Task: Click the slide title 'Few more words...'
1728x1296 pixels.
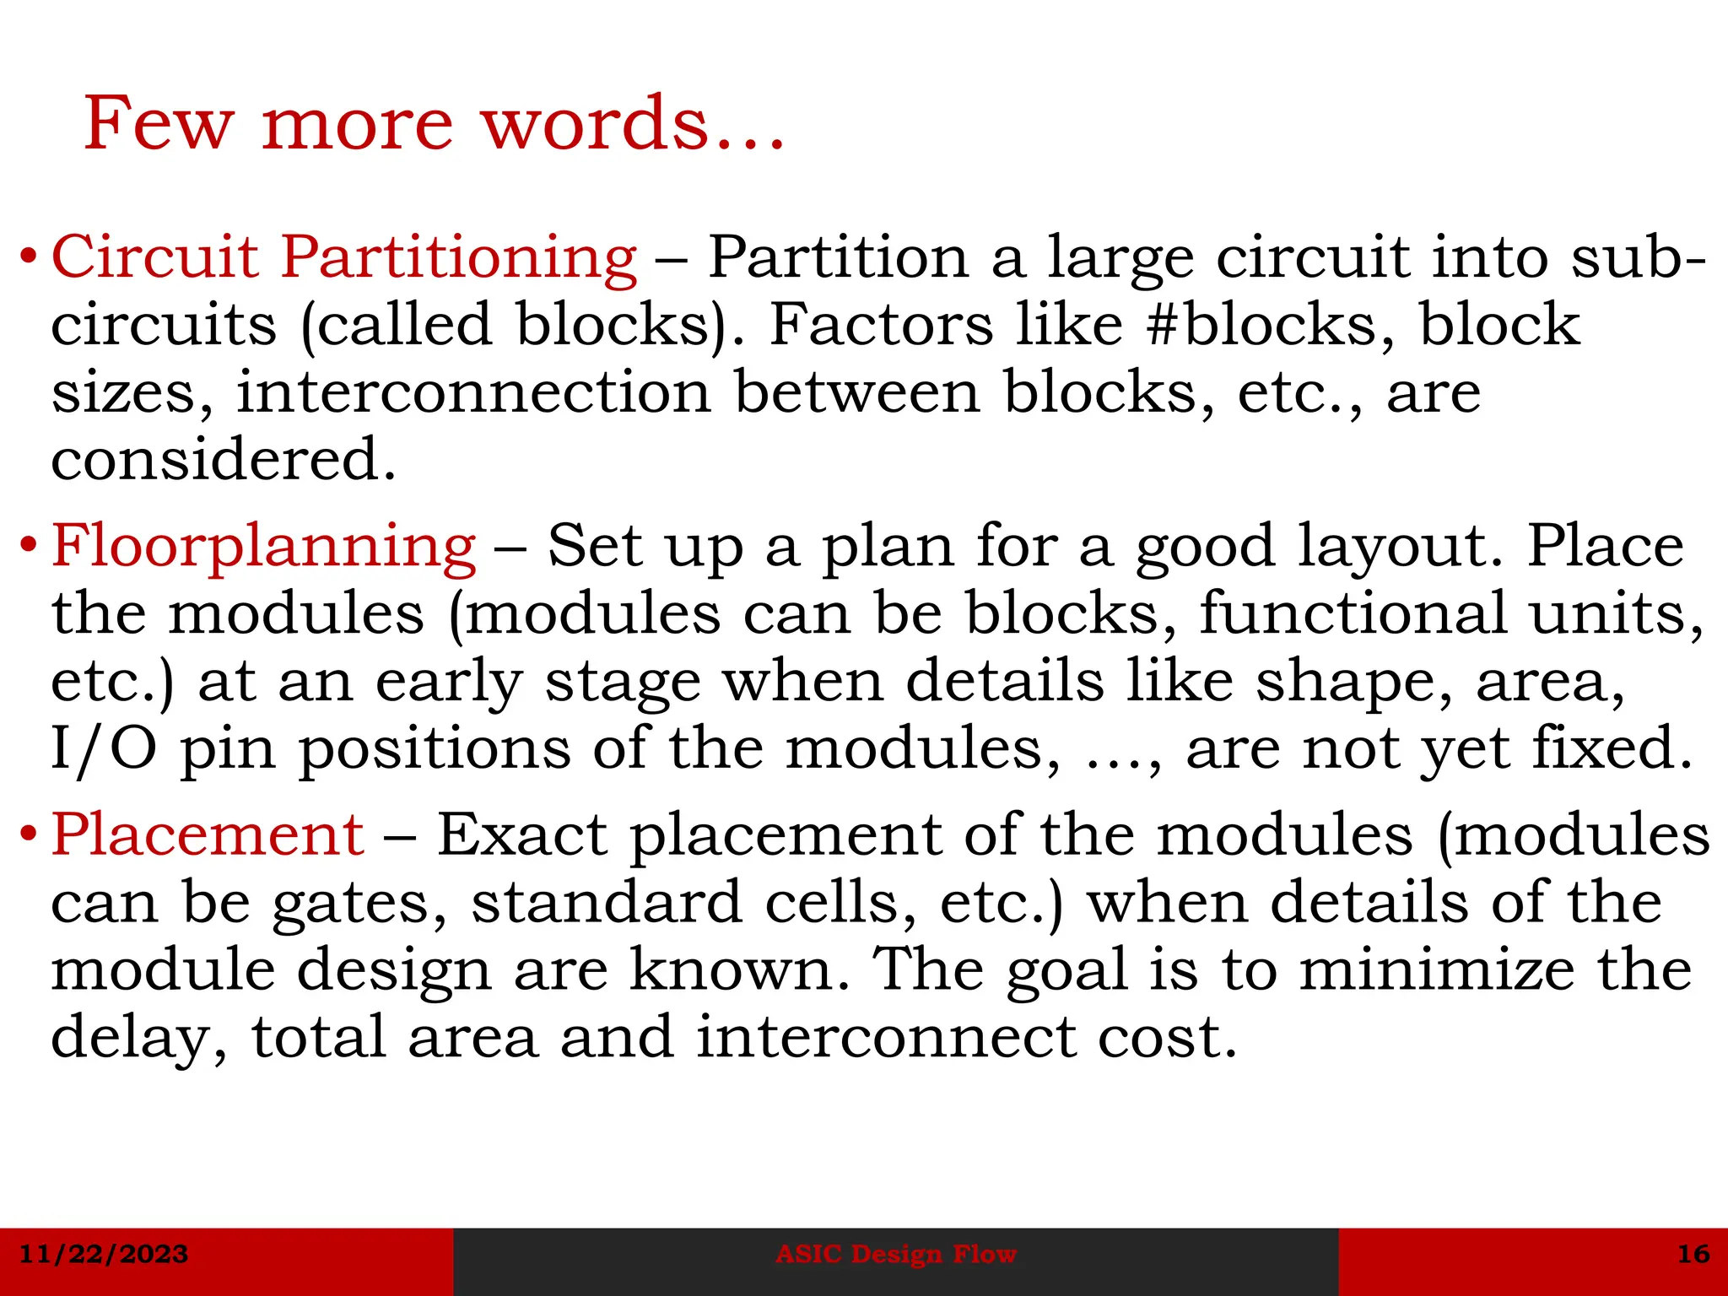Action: pyautogui.click(x=435, y=124)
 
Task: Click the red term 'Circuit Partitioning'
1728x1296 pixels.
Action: pyautogui.click(x=344, y=256)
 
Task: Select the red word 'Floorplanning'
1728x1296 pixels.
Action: pyautogui.click(x=264, y=546)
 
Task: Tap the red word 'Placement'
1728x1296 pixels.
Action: pyautogui.click(x=208, y=835)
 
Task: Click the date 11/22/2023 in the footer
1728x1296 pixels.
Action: pyautogui.click(x=104, y=1254)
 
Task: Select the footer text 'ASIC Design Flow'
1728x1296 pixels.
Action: pyautogui.click(x=896, y=1254)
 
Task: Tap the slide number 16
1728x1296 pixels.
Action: pyautogui.click(x=1693, y=1254)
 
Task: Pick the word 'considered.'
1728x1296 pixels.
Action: pyautogui.click(x=224, y=460)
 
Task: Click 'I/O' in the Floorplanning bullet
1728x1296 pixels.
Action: pyautogui.click(x=104, y=749)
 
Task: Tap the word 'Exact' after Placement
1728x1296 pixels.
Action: pyautogui.click(x=522, y=835)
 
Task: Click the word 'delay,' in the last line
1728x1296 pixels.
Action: pyautogui.click(x=139, y=1039)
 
